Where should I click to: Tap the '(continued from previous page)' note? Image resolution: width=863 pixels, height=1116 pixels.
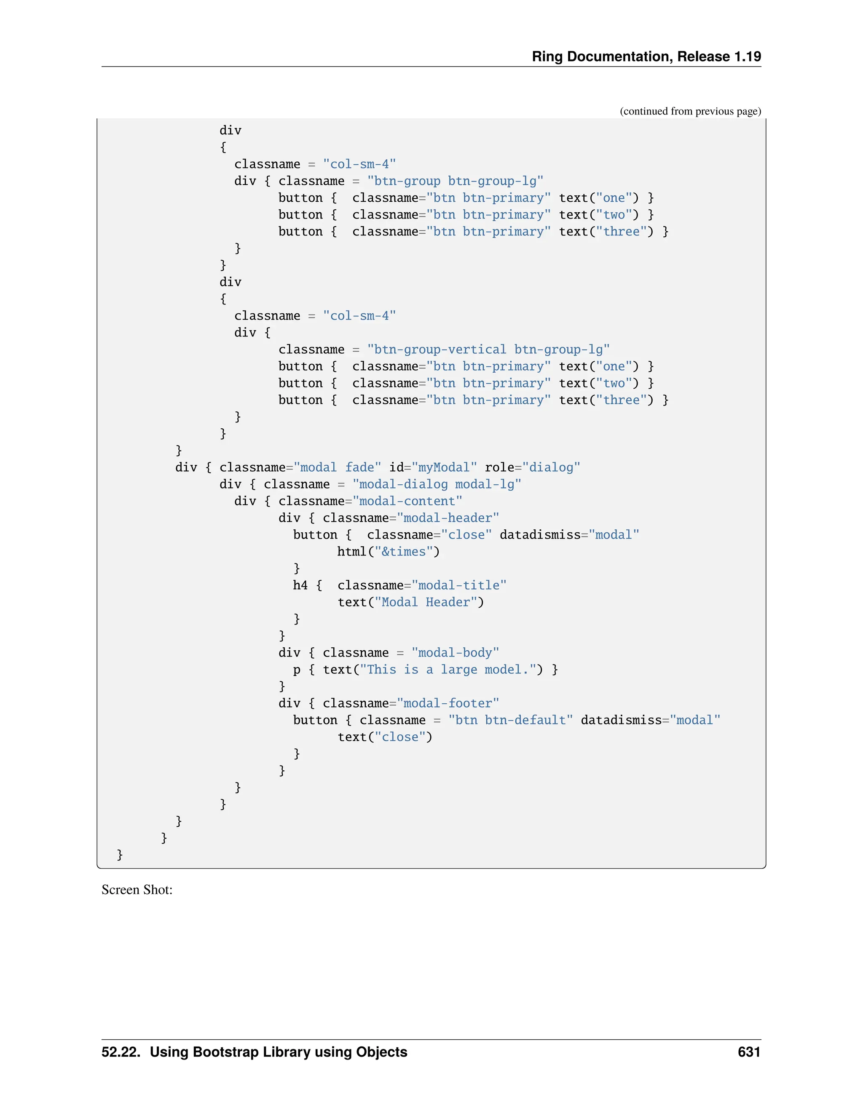click(x=690, y=112)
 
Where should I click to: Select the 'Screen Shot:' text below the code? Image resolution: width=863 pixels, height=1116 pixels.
click(x=137, y=889)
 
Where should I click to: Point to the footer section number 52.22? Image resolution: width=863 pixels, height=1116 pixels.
click(x=121, y=1052)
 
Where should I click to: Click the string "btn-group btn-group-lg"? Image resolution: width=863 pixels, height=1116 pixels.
click(x=455, y=181)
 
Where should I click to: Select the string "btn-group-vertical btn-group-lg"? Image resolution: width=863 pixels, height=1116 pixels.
click(x=488, y=350)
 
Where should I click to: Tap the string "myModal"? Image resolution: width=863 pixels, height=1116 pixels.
click(x=444, y=467)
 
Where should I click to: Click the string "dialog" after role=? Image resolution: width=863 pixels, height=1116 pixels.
click(x=551, y=467)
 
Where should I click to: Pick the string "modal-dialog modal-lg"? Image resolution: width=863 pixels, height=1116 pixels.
click(x=437, y=484)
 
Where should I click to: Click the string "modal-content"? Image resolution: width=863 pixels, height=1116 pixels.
click(x=407, y=501)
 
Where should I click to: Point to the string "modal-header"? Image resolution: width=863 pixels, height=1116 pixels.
click(x=448, y=518)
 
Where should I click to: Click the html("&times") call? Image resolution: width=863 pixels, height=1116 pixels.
click(x=388, y=552)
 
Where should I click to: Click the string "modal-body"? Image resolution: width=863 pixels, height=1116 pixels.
click(x=455, y=653)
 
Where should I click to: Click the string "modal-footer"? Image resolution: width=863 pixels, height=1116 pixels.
click(x=448, y=704)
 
